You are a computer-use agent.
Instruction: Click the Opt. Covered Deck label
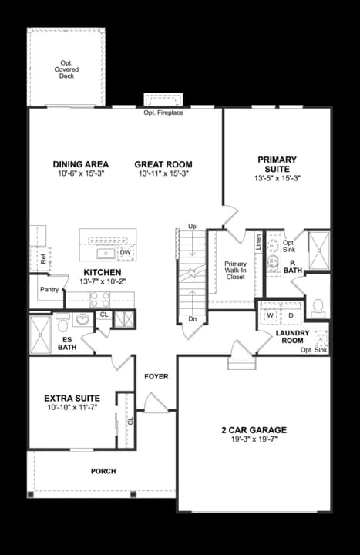coord(66,69)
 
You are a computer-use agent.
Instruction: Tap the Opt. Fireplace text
coord(163,113)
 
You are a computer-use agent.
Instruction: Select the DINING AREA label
coord(80,164)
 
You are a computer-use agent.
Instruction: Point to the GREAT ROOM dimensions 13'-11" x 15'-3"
coord(163,175)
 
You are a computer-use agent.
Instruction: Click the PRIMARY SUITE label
coord(277,164)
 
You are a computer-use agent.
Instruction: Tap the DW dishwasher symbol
coord(125,252)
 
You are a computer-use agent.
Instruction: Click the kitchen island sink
coord(106,252)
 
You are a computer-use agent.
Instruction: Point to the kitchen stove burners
coord(99,299)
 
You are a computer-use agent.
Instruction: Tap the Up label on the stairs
coord(192,227)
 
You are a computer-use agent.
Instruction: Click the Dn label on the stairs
coord(192,318)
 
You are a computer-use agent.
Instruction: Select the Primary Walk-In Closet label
coord(235,270)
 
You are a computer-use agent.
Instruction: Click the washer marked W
coord(271,316)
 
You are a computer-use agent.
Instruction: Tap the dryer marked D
coord(291,316)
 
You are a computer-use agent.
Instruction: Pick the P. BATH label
coord(292,266)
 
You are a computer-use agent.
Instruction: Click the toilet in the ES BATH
coord(63,325)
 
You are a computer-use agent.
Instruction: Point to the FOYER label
coord(156,376)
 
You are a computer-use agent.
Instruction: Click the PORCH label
coord(103,470)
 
